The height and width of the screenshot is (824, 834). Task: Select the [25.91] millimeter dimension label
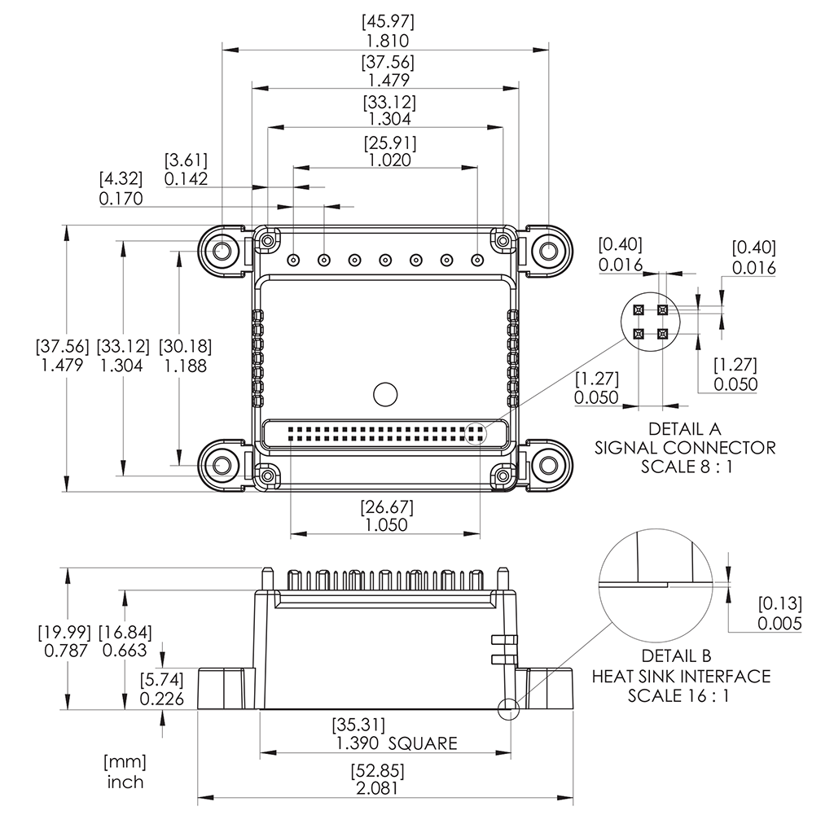tap(389, 143)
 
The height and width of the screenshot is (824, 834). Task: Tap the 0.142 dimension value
tap(186, 178)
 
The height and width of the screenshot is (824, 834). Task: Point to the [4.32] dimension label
tap(121, 178)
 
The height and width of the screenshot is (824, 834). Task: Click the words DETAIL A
tap(684, 428)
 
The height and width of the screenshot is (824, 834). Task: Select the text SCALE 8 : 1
tap(684, 467)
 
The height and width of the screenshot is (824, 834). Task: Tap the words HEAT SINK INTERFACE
tap(681, 676)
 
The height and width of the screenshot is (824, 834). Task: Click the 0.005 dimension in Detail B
tap(779, 624)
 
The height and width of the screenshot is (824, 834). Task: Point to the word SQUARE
tap(423, 743)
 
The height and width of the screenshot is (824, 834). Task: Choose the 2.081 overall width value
tap(377, 789)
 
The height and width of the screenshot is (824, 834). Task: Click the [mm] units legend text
tap(125, 762)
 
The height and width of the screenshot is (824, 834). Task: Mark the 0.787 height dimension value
tap(64, 650)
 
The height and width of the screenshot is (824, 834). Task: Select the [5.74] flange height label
tap(161, 679)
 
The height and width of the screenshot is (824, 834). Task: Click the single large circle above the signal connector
tap(384, 394)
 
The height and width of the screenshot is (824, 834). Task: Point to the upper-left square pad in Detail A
tap(639, 309)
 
